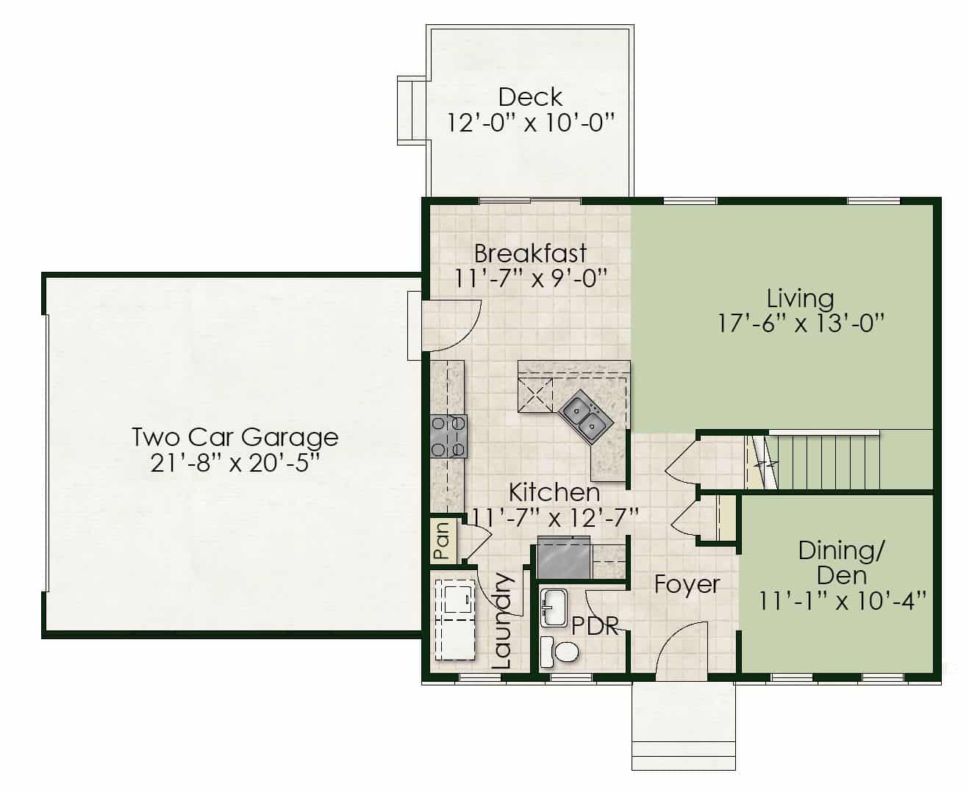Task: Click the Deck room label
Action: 530,97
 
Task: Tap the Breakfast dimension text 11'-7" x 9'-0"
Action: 531,278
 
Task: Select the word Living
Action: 800,299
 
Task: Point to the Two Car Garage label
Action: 235,436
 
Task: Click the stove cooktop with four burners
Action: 448,436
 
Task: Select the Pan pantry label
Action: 441,541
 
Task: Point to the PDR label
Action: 595,625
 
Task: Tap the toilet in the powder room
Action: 560,651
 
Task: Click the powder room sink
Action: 554,608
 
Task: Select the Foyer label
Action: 687,585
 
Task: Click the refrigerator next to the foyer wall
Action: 563,557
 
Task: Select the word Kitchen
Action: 554,493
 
